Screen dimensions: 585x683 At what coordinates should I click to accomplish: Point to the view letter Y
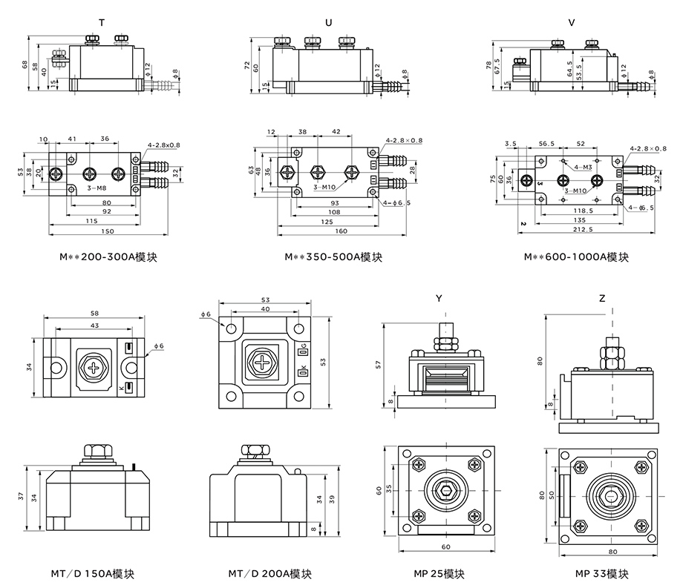pyautogui.click(x=439, y=298)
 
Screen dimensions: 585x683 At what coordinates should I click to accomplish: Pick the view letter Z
pyautogui.click(x=602, y=298)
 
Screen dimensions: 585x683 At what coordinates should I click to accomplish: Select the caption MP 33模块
pyautogui.click(x=602, y=574)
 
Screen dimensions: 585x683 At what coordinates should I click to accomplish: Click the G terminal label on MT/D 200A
pyautogui.click(x=303, y=348)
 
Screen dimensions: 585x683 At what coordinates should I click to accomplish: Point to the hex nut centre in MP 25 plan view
pyautogui.click(x=445, y=492)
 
